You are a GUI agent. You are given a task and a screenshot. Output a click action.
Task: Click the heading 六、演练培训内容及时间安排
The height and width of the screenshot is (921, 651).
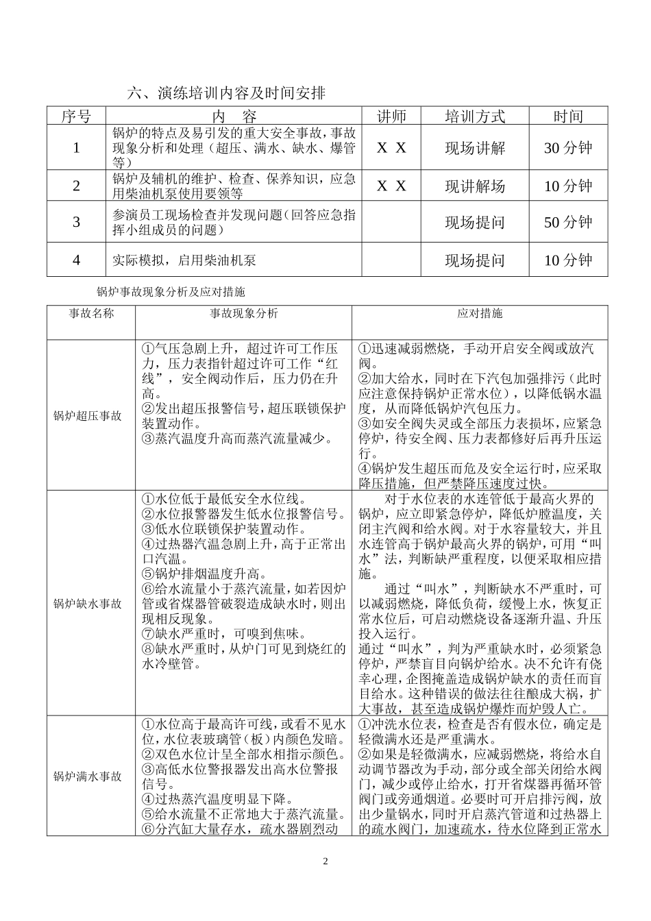click(x=227, y=93)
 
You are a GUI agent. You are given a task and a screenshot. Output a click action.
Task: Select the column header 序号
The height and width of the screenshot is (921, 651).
click(x=75, y=116)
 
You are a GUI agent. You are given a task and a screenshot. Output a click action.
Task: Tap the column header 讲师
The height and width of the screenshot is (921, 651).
click(x=391, y=116)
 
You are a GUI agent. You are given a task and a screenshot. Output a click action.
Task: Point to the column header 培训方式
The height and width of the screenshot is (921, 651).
click(x=475, y=116)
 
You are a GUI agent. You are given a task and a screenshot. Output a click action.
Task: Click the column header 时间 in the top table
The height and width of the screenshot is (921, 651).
click(x=568, y=116)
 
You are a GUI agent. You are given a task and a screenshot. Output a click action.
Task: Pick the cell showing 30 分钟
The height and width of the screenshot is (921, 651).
click(x=568, y=147)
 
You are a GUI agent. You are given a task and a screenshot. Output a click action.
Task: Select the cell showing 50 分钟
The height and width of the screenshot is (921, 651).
click(x=568, y=222)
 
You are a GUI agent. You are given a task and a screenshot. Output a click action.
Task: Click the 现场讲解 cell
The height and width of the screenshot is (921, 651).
click(x=475, y=147)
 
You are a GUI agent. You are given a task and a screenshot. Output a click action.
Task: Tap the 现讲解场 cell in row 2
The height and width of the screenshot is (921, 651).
click(x=475, y=186)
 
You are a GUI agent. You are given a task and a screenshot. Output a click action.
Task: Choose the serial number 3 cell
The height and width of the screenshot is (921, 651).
click(x=76, y=222)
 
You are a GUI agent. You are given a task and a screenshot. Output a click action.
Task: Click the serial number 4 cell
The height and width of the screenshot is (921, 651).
click(x=76, y=260)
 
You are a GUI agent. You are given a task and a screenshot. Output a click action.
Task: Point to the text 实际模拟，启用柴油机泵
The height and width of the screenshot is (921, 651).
click(x=185, y=260)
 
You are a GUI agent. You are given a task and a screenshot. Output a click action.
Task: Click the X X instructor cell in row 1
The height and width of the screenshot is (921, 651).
click(x=391, y=147)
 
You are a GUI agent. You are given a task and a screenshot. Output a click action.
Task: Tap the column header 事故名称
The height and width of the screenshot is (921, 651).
click(x=91, y=313)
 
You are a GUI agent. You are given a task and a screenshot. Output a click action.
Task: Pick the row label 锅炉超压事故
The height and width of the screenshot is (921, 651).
click(x=88, y=415)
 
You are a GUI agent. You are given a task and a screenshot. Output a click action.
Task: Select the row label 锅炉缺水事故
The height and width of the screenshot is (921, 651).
click(x=88, y=604)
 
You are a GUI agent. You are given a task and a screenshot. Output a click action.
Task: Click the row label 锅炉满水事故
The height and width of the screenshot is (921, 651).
click(x=88, y=776)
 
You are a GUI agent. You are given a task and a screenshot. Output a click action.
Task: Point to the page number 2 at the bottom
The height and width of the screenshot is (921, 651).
click(x=325, y=861)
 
